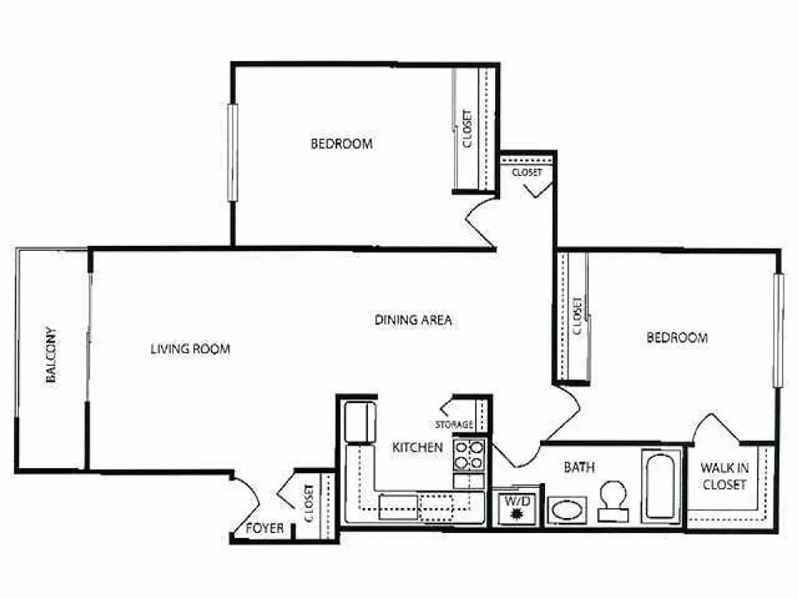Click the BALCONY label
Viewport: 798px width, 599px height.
(x=51, y=355)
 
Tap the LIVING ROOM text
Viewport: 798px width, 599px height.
(x=191, y=349)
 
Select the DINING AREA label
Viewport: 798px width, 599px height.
(x=413, y=320)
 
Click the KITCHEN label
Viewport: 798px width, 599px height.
(x=417, y=447)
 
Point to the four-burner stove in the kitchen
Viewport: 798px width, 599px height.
(x=469, y=455)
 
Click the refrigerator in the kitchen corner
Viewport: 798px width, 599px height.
(x=360, y=422)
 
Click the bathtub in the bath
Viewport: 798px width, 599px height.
(x=660, y=487)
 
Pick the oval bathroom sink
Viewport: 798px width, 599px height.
(x=567, y=511)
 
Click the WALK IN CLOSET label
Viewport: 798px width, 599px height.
(x=724, y=476)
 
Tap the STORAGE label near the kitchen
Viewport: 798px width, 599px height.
(x=454, y=425)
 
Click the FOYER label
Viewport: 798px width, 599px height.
(x=265, y=528)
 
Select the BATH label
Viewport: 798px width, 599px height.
(x=579, y=467)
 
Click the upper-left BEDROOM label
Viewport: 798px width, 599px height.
(x=342, y=144)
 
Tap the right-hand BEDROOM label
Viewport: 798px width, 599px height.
(x=677, y=338)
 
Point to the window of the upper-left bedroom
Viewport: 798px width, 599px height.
(x=232, y=152)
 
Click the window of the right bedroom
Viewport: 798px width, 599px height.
(x=778, y=330)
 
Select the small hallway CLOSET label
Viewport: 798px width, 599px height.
(x=527, y=173)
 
